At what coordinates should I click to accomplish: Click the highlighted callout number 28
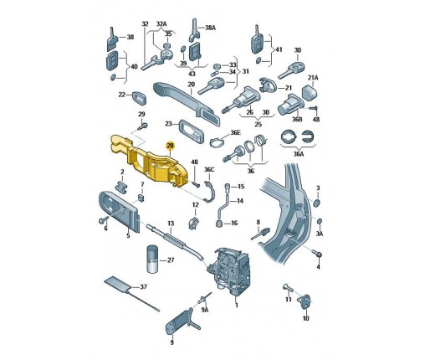point(170,146)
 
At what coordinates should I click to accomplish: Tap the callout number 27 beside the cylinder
point(171,260)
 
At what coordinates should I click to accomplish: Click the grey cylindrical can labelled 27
point(152,260)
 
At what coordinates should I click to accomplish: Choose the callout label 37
point(143,286)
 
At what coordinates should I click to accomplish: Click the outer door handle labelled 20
point(186,103)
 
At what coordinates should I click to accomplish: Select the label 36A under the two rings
point(298,154)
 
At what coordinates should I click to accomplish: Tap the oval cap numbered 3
point(316,203)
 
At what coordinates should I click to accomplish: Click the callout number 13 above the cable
point(171,224)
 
